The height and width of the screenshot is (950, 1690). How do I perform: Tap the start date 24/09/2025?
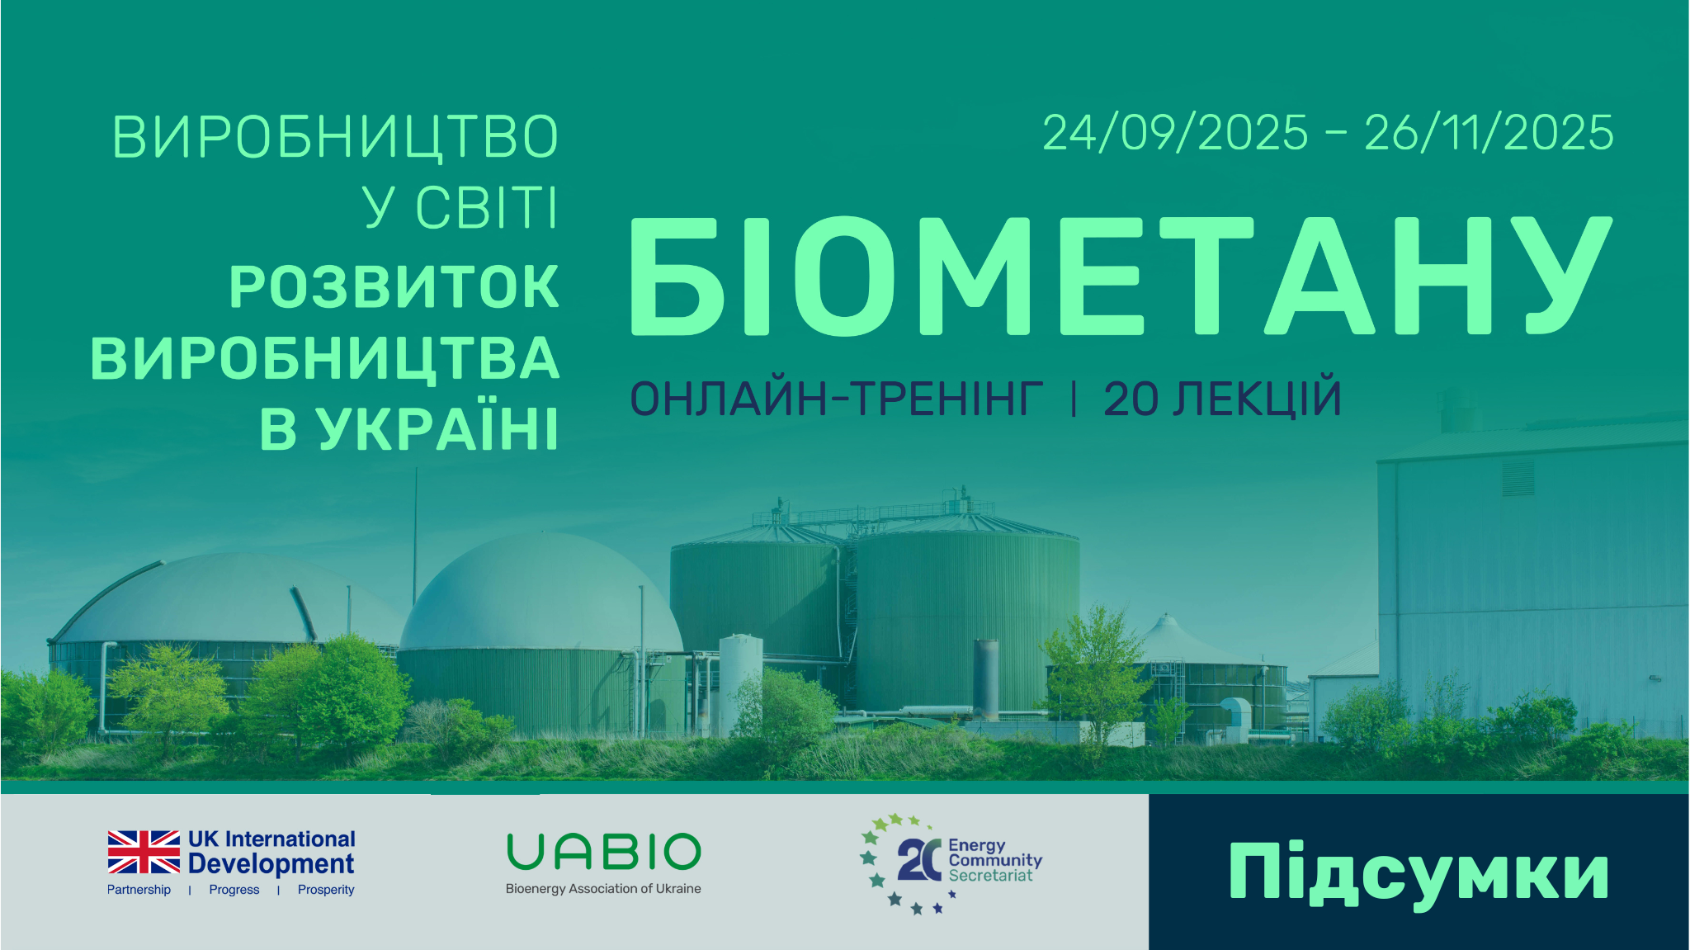click(x=1175, y=133)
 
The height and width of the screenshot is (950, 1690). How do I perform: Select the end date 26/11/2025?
click(x=1489, y=133)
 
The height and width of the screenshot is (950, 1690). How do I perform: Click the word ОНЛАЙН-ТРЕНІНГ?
click(x=836, y=399)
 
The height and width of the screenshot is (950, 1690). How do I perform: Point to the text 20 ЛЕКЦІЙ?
click(x=1222, y=399)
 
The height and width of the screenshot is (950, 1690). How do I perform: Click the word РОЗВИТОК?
click(x=394, y=287)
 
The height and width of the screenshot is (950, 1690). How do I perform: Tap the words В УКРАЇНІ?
click(x=409, y=429)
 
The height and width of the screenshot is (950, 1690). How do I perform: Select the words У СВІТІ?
click(x=460, y=207)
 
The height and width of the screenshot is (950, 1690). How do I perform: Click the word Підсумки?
click(x=1419, y=872)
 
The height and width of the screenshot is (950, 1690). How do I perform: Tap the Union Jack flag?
click(x=144, y=852)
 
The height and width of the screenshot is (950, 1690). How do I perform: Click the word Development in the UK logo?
click(x=271, y=864)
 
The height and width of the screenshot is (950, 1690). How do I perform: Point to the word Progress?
click(x=234, y=890)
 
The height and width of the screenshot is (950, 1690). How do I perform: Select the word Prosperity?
click(x=326, y=890)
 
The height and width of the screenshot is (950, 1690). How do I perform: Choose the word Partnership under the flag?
click(x=139, y=890)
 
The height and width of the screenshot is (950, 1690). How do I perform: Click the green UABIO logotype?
click(x=603, y=852)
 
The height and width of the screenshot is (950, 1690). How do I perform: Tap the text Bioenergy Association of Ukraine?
click(x=603, y=889)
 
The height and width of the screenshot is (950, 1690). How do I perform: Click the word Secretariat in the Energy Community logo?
click(x=990, y=876)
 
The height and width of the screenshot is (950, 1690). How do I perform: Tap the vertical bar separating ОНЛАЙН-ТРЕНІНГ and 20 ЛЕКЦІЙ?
click(x=1073, y=399)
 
